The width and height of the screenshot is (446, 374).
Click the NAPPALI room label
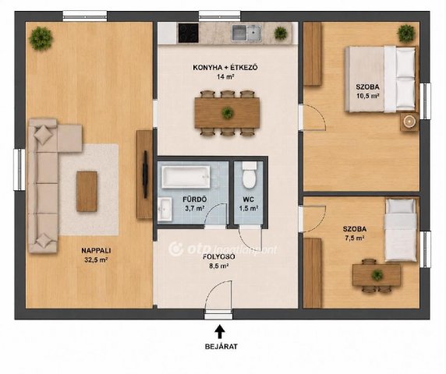tap(96, 251)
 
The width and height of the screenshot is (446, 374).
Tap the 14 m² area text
tap(225, 76)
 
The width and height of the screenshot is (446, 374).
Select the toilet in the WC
tap(250, 175)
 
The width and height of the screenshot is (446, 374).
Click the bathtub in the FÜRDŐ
tap(186, 177)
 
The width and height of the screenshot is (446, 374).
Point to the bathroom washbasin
tap(165, 209)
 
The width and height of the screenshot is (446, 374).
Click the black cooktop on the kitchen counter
tap(188, 33)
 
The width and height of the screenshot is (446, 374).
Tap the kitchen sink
tap(246, 33)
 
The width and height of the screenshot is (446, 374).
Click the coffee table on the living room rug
tap(87, 191)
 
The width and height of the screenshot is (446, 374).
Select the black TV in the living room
tap(145, 175)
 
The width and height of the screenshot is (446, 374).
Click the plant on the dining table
tap(228, 113)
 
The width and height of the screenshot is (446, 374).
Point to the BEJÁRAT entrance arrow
tap(220, 332)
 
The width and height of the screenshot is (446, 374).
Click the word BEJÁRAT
tap(221, 347)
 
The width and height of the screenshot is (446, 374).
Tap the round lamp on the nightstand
tap(409, 122)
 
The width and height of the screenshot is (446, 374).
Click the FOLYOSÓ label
tap(219, 256)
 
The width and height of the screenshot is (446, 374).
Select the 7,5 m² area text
tap(355, 238)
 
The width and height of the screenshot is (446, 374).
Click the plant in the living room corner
tap(41, 38)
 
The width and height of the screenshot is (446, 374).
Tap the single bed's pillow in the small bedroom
tap(401, 206)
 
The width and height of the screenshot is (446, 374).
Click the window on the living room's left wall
tap(19, 170)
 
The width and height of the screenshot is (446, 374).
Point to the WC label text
tap(248, 199)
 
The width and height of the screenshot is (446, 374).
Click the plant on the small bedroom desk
tap(377, 275)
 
